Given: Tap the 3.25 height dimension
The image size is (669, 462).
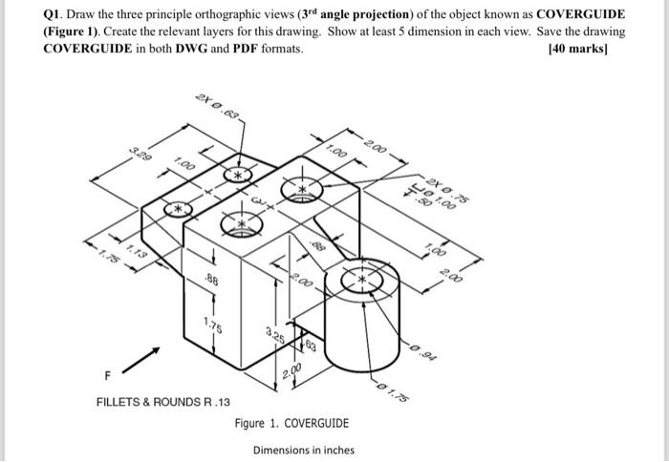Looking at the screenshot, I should click(x=275, y=335).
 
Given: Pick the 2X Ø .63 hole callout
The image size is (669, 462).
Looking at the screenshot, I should click(x=218, y=109).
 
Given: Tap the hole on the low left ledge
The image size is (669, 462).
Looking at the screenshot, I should click(x=176, y=208).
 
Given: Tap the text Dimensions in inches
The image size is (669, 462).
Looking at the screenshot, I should click(x=303, y=451).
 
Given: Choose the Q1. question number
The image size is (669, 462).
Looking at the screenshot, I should click(x=56, y=13).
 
